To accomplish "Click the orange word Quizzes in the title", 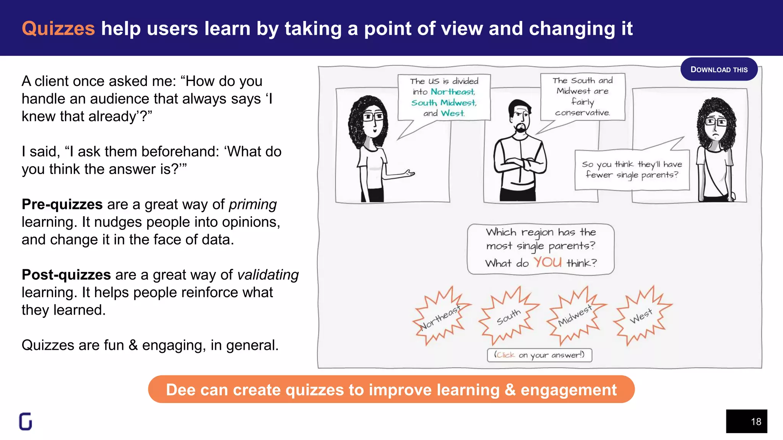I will pyautogui.click(x=58, y=29).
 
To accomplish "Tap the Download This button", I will pyautogui.click(x=719, y=70).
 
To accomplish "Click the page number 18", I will pyautogui.click(x=755, y=422).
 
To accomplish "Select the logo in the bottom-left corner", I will pyautogui.click(x=26, y=421).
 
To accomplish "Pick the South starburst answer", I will pyautogui.click(x=508, y=317).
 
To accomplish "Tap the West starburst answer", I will pyautogui.click(x=641, y=316).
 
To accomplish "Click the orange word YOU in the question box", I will pyautogui.click(x=547, y=262).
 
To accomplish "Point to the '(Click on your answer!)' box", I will pyautogui.click(x=539, y=355).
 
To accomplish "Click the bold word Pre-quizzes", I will pyautogui.click(x=62, y=204).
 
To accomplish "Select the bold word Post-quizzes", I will pyautogui.click(x=66, y=275).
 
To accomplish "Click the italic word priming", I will pyautogui.click(x=253, y=205).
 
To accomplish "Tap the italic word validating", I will pyautogui.click(x=268, y=275).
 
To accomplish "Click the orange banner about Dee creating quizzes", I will pyautogui.click(x=391, y=390).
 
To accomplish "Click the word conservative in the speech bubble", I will pyautogui.click(x=582, y=113).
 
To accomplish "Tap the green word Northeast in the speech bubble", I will pyautogui.click(x=453, y=92).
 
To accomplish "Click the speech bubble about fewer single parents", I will pyautogui.click(x=632, y=170).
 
